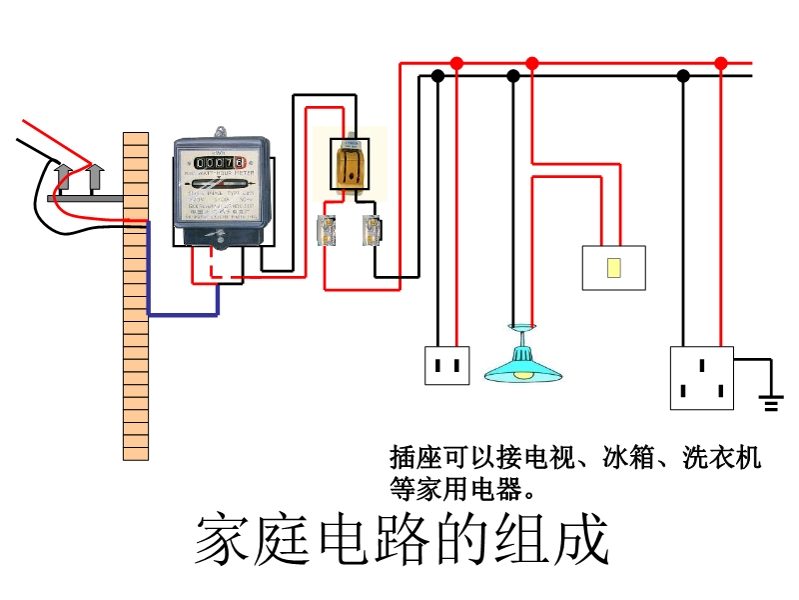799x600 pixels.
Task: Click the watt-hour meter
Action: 221,191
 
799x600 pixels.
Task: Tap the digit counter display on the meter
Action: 221,162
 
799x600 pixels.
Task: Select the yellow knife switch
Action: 350,162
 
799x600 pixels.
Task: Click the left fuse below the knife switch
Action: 327,230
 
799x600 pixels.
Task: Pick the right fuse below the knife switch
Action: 372,230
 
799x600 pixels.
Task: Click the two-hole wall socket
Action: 446,365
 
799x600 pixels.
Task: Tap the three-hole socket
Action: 701,378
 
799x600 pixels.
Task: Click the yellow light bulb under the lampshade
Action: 522,376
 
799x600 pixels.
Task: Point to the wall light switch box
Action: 613,267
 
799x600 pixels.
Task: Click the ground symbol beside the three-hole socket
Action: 770,403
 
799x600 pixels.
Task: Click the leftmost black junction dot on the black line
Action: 436,75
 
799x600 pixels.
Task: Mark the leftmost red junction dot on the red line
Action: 456,63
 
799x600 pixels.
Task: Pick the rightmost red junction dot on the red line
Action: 721,63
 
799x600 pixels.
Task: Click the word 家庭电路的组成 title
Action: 400,541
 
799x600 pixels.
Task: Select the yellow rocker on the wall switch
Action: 613,267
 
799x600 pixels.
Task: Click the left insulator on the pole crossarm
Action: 62,178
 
